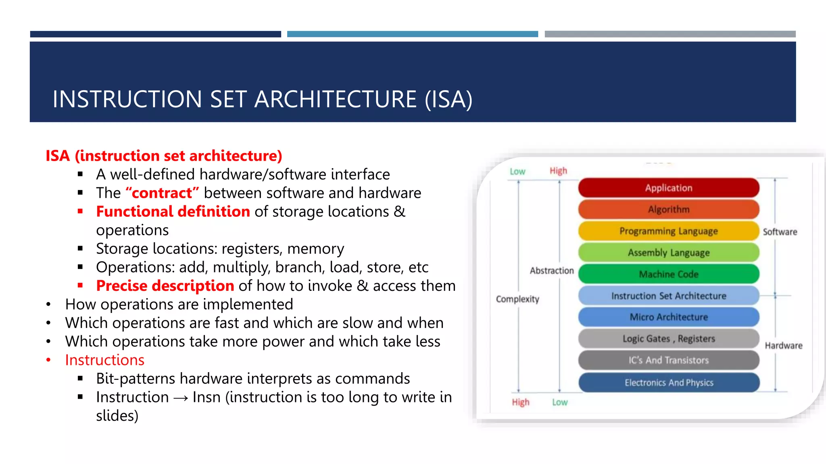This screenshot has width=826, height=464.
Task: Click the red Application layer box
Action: (668, 188)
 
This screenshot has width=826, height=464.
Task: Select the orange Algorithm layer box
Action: (668, 209)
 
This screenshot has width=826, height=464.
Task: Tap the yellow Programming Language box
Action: (668, 231)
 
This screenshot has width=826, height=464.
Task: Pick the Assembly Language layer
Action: (668, 253)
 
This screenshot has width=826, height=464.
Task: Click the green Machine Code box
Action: (668, 274)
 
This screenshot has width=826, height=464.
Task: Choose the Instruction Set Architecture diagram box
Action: (668, 296)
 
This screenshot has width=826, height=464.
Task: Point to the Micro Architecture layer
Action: (668, 317)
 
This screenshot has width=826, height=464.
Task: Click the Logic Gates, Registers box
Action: (668, 339)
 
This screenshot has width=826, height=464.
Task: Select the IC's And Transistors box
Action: (668, 360)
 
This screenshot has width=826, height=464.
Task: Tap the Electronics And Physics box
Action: (668, 383)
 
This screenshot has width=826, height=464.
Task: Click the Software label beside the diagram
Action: (780, 232)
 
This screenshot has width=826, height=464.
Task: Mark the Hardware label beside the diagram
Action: (783, 346)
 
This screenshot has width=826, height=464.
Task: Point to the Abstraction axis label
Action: (551, 271)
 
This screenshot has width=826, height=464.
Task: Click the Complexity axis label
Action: (517, 299)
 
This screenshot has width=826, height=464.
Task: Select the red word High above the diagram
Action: (558, 171)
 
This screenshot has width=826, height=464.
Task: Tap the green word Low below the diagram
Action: (559, 402)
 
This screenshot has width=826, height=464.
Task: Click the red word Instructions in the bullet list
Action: (104, 360)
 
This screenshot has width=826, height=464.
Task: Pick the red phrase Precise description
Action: (165, 286)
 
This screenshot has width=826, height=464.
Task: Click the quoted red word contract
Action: (162, 193)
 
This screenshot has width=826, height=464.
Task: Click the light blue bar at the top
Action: (412, 34)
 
